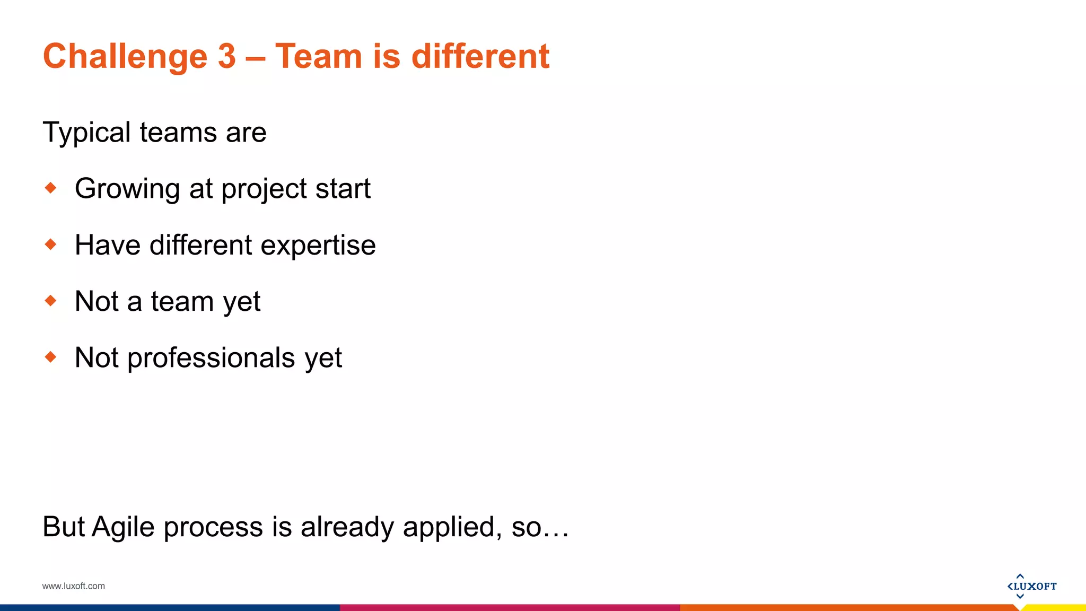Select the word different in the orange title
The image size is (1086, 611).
480,56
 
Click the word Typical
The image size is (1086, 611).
86,132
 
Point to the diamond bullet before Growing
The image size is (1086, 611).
51,188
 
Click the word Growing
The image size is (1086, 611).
127,189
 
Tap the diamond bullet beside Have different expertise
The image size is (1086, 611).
51,245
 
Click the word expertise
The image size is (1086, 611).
318,246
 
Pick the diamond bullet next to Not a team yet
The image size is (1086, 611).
51,301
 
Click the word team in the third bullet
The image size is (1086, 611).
182,301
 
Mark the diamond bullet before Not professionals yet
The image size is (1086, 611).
51,357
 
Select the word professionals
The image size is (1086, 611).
211,358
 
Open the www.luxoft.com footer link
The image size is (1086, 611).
74,586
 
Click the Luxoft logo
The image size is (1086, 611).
1031,586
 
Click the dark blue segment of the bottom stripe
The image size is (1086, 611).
170,608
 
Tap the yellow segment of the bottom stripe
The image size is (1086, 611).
1055,608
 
